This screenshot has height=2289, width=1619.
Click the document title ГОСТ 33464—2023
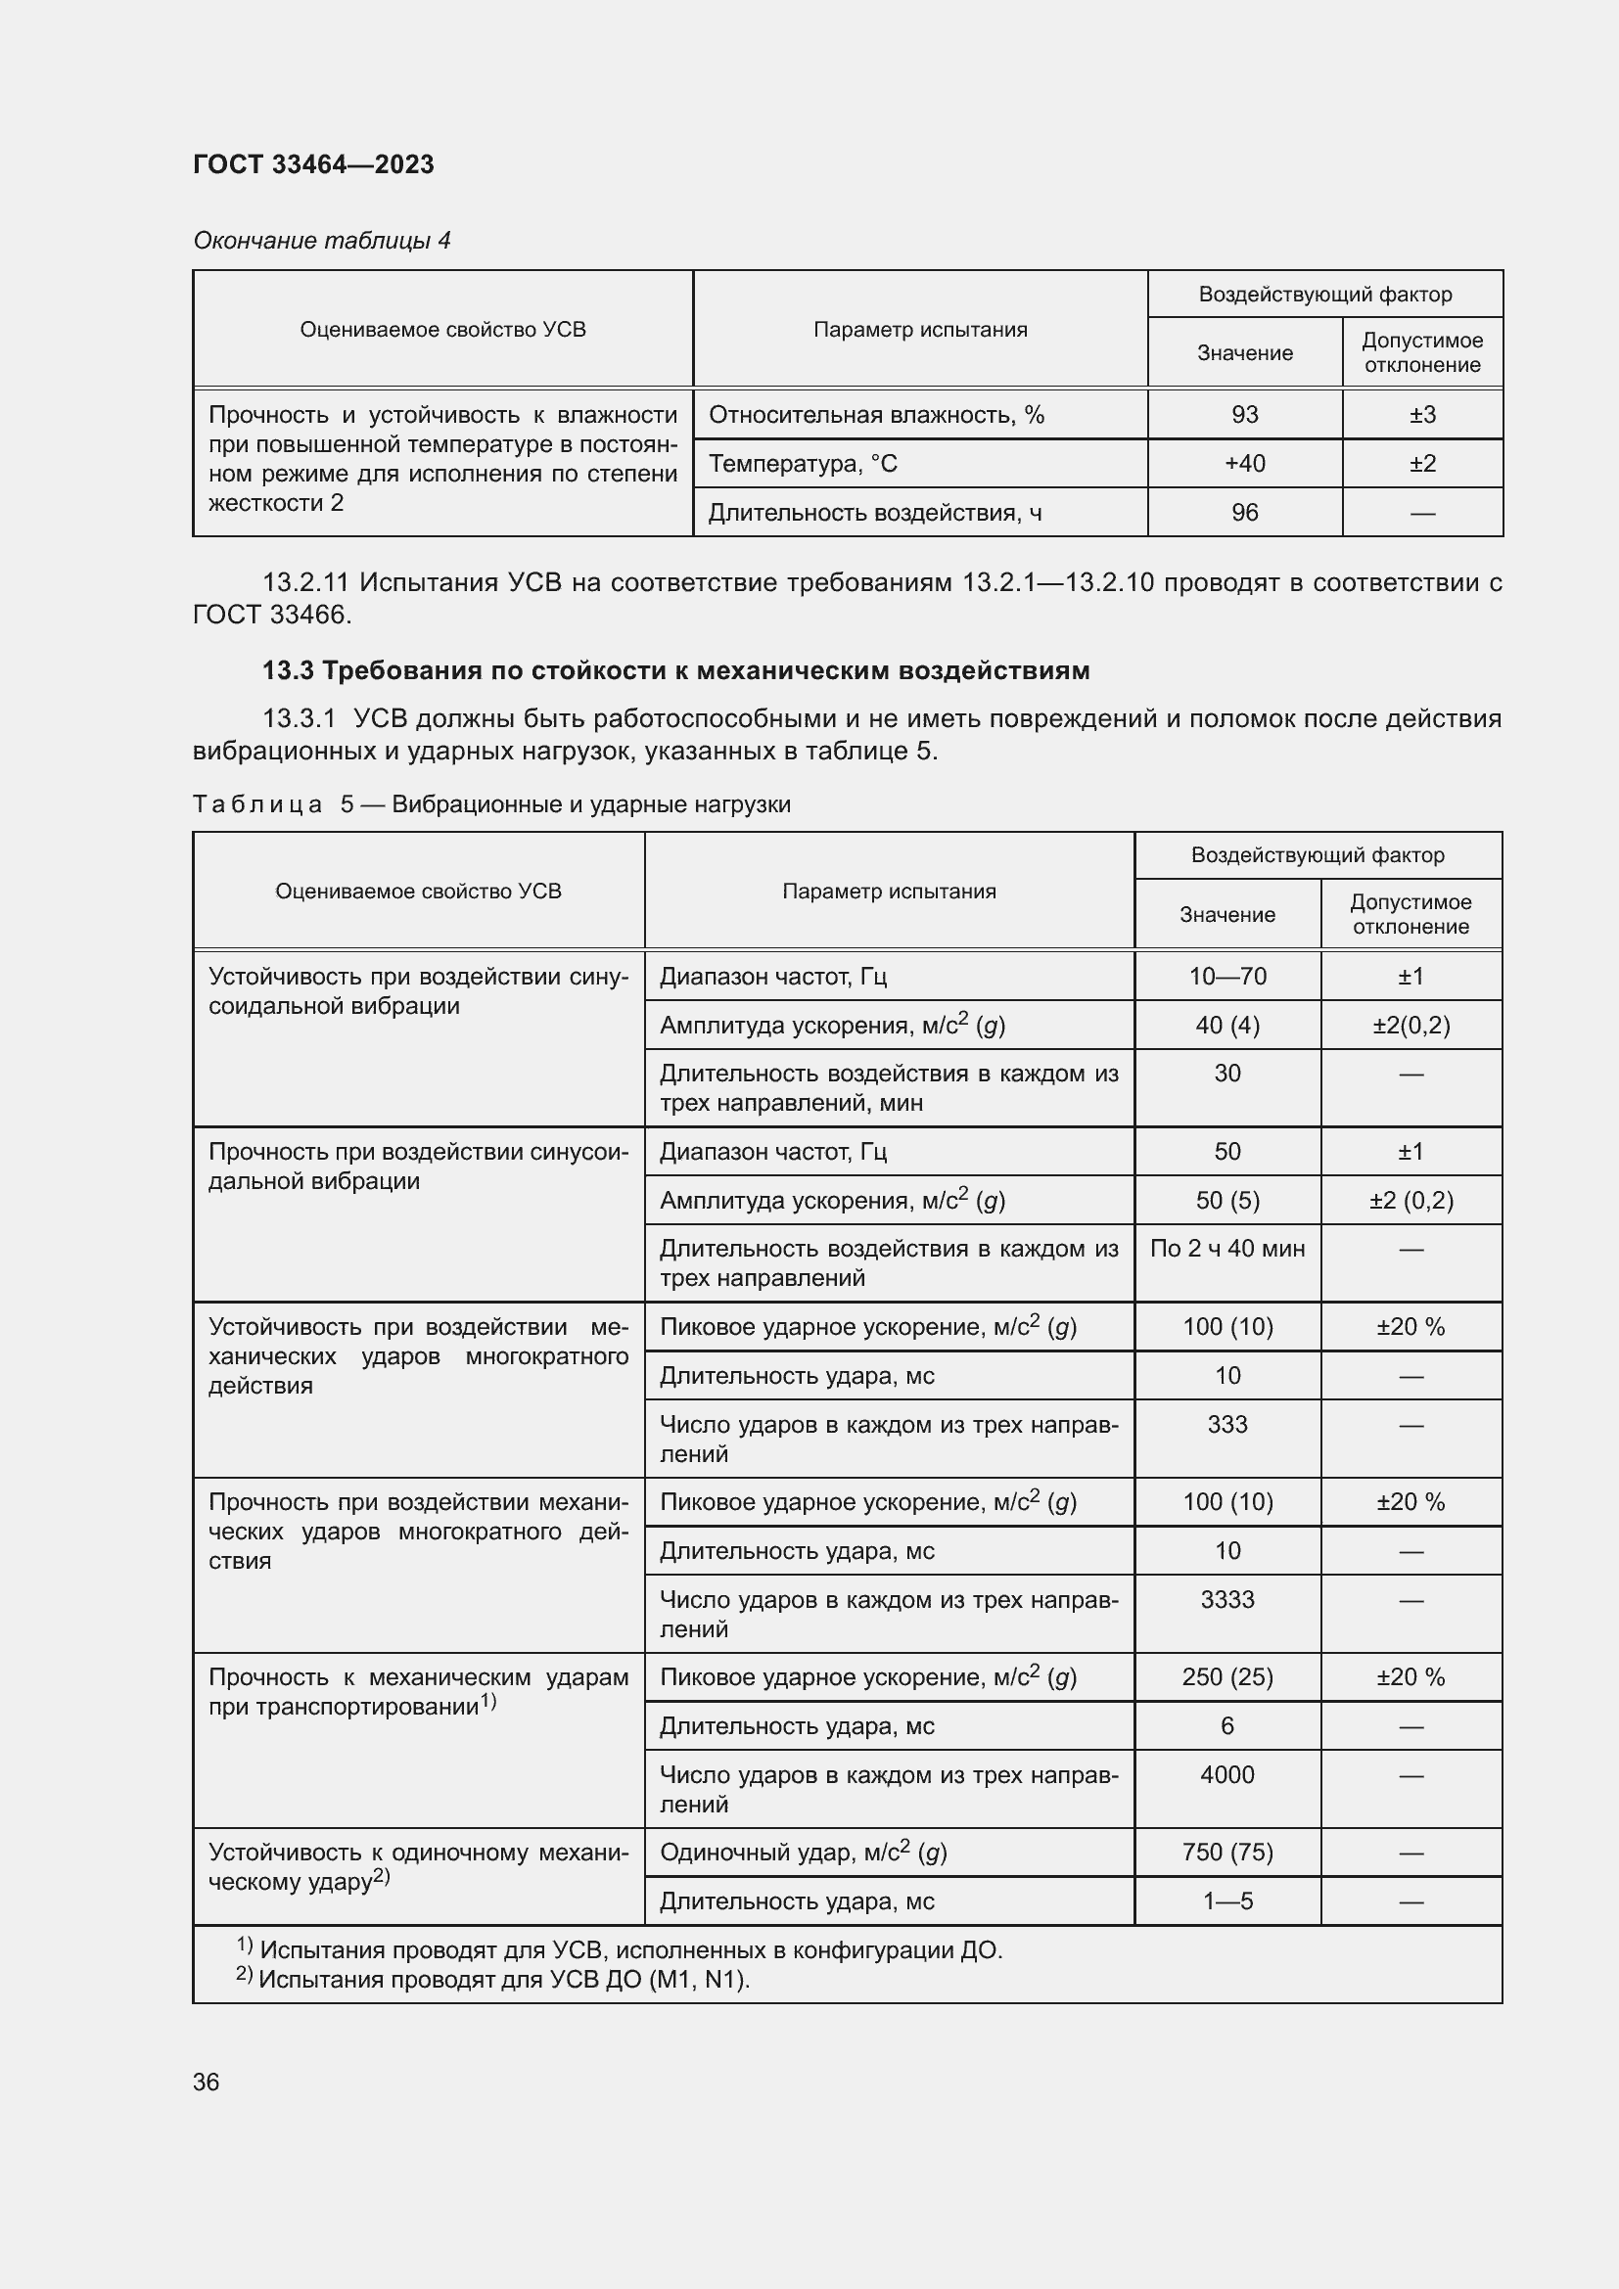(x=313, y=164)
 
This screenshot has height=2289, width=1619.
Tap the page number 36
(x=206, y=2082)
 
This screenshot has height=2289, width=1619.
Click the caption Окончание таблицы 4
(x=321, y=241)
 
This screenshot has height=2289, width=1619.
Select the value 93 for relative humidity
(x=1244, y=415)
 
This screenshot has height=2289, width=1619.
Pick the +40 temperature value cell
(x=1244, y=464)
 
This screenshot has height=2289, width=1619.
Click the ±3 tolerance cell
(x=1421, y=415)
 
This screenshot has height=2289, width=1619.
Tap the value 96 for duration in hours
(x=1244, y=513)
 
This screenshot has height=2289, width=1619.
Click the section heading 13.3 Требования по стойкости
(x=676, y=670)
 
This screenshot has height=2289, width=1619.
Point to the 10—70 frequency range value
(x=1227, y=976)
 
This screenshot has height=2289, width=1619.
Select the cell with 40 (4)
(x=1227, y=1025)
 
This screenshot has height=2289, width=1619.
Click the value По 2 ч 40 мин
(x=1227, y=1248)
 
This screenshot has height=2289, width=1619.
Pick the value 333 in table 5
(x=1227, y=1425)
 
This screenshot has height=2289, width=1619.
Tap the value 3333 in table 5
(x=1227, y=1599)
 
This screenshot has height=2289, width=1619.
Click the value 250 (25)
(x=1227, y=1677)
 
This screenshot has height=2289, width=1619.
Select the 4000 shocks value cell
(x=1227, y=1774)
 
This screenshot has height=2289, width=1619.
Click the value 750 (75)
(x=1227, y=1853)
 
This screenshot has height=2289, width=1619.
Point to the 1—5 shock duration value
(x=1227, y=1901)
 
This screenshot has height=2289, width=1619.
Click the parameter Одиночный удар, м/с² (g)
(x=803, y=1853)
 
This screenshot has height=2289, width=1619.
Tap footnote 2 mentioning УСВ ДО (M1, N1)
(x=493, y=1979)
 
